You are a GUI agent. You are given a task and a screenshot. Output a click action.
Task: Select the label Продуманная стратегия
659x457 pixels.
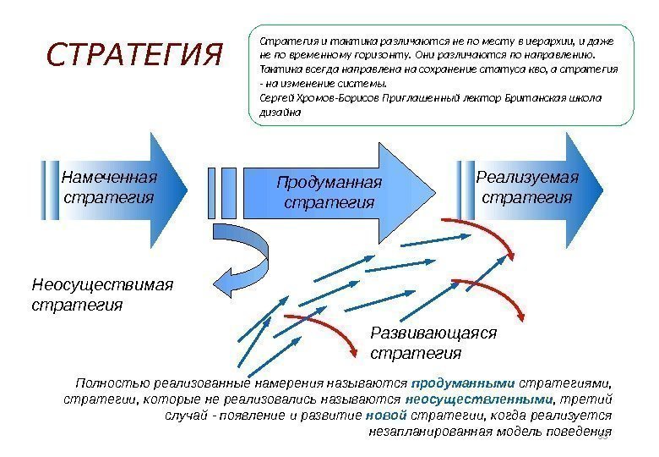click(329, 193)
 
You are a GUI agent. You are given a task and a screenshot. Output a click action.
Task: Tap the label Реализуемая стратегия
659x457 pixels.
click(527, 187)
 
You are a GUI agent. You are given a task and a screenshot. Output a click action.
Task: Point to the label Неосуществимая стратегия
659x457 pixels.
click(101, 293)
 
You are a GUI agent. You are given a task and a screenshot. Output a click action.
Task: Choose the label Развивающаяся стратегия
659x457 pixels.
click(433, 342)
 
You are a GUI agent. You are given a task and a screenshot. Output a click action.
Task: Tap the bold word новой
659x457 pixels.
click(388, 415)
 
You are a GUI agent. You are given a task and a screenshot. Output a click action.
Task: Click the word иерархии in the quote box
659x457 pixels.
click(557, 41)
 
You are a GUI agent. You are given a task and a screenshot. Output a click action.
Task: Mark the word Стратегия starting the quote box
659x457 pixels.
click(286, 41)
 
